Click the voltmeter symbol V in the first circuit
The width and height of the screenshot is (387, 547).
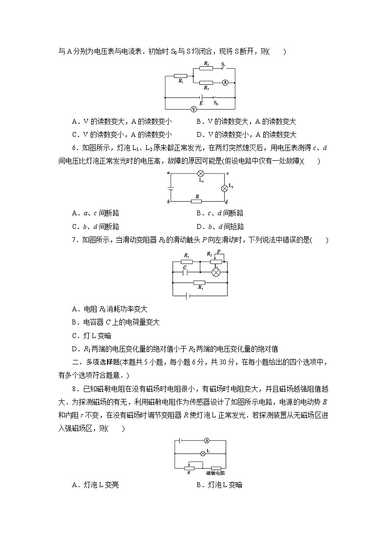193,109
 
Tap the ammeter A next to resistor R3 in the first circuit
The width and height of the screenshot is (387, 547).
225,83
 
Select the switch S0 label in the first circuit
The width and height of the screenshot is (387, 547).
216,103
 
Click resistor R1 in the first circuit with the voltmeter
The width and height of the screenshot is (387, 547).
180,76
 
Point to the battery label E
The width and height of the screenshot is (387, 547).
201,103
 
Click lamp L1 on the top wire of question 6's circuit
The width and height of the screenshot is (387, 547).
200,173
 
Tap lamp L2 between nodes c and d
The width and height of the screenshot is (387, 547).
225,188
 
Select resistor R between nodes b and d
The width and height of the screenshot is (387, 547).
196,201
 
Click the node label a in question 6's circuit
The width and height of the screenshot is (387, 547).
168,172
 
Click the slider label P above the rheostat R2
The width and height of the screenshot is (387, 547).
219,251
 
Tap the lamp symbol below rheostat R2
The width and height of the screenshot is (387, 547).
214,273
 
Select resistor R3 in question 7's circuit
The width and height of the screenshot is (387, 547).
199,283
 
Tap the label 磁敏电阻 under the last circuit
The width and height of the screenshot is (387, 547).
215,473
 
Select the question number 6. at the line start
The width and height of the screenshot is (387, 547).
74,148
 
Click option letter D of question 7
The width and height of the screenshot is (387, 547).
75,349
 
